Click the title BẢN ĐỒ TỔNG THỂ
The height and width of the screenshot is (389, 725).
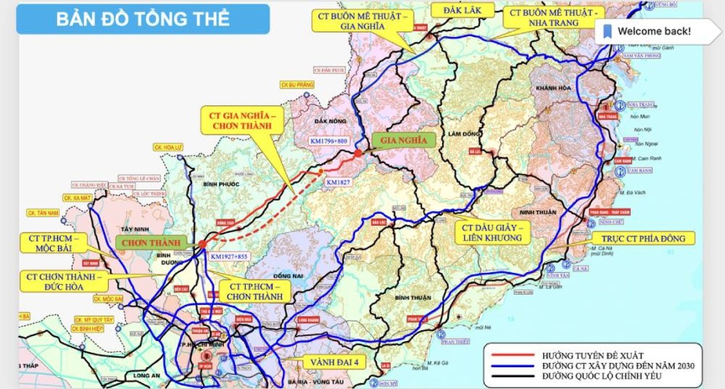pyautogui.click(x=142, y=19)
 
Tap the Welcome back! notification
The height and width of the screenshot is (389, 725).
pyautogui.click(x=647, y=31)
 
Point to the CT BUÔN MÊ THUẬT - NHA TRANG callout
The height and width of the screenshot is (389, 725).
pyautogui.click(x=553, y=19)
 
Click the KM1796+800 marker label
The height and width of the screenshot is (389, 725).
pyautogui.click(x=328, y=142)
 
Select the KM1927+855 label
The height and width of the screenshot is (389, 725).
pyautogui.click(x=230, y=256)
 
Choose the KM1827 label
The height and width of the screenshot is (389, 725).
pyautogui.click(x=338, y=181)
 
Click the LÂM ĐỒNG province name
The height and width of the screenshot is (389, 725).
pyautogui.click(x=462, y=134)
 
